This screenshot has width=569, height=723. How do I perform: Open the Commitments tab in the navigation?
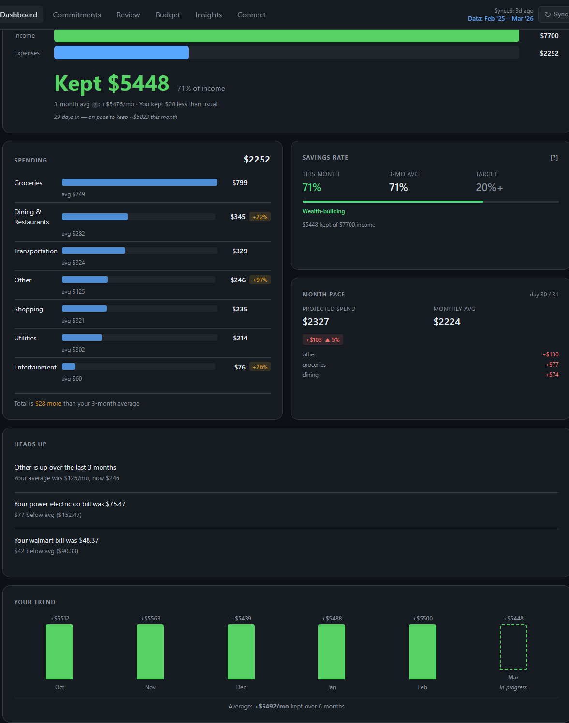pos(76,15)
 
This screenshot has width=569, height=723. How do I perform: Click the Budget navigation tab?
pos(167,15)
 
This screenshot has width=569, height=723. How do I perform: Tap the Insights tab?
pos(208,15)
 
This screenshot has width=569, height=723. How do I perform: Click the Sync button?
pos(555,15)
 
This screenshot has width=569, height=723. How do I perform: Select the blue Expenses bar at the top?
pos(121,53)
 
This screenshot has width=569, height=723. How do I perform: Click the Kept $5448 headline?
pos(112,84)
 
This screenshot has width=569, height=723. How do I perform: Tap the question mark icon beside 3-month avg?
pos(95,105)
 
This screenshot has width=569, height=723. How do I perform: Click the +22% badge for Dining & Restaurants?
pos(260,217)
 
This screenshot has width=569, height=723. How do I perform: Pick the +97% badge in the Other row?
pos(260,280)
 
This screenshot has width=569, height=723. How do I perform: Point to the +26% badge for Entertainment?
pos(260,367)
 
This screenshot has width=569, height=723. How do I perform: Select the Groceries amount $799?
pos(239,183)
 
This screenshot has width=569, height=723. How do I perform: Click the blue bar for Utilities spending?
pos(82,338)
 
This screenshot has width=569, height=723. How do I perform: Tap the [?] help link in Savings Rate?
pos(554,158)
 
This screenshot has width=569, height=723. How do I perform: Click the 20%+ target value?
pos(489,188)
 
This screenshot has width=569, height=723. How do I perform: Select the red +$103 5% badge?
pos(322,340)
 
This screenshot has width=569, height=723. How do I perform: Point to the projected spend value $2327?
pos(316,322)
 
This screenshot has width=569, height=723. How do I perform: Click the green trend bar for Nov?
pos(150,652)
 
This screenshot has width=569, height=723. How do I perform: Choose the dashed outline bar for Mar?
pos(513,647)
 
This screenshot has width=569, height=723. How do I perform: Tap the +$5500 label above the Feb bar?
pos(423,619)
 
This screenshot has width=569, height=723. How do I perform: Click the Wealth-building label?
pos(323,211)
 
